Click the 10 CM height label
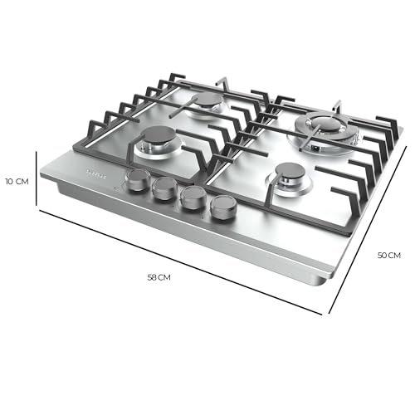tap(17, 181)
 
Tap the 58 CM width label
tap(158, 277)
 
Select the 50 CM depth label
tap(389, 256)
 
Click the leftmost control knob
tap(137, 180)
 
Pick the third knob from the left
tap(193, 198)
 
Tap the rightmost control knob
tap(222, 207)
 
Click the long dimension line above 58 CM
tap(178, 262)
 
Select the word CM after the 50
tap(395, 256)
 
